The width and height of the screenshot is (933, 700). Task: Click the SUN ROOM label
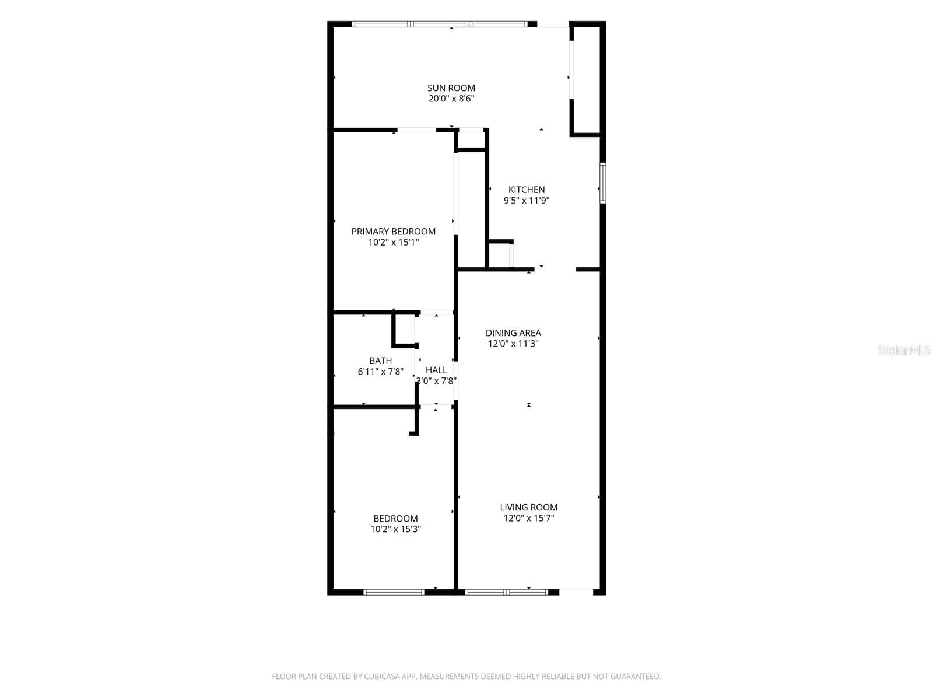coord(451,88)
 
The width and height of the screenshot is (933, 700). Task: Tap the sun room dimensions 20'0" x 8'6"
coord(451,99)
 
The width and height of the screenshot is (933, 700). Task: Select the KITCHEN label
coord(526,190)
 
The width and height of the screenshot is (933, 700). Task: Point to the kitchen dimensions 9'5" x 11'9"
coord(526,200)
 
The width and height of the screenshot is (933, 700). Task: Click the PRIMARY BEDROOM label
coord(393,232)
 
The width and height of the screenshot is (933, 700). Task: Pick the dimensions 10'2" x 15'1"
coord(393,242)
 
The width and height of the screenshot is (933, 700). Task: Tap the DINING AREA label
coord(513,332)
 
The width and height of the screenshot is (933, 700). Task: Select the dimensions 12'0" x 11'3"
coord(513,344)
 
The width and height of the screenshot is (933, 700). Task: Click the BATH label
coord(380,361)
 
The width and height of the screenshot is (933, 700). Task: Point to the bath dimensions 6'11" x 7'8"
coord(380,372)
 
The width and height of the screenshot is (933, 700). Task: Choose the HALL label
coord(436,370)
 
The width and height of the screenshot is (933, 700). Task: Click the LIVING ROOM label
coord(528,507)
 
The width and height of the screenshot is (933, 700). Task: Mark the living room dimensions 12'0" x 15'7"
coord(528,517)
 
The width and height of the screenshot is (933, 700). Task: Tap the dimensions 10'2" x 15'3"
coord(395,528)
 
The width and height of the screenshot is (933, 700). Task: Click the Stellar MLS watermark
coord(904,350)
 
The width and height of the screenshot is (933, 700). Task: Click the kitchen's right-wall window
coord(602,183)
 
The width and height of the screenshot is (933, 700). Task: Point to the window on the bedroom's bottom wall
coord(394,591)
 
